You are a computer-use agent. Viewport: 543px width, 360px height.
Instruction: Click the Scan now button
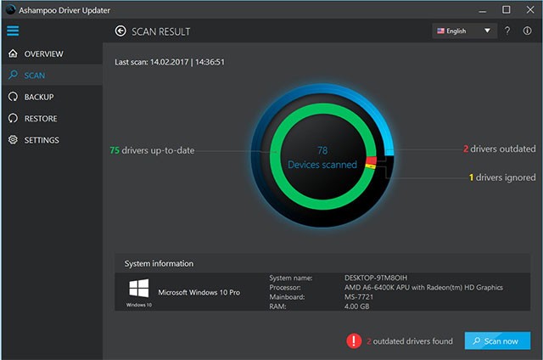point(497,340)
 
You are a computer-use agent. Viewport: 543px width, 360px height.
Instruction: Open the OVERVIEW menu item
point(42,53)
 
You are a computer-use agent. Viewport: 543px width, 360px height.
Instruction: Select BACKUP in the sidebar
point(38,97)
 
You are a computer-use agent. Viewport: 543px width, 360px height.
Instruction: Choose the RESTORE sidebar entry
point(40,118)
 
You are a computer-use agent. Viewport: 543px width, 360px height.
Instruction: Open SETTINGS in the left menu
point(41,139)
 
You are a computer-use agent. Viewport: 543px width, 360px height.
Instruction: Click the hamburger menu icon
point(12,31)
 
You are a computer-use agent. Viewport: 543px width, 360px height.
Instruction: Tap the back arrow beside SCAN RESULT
point(120,31)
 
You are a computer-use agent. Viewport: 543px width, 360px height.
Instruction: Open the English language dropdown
point(463,31)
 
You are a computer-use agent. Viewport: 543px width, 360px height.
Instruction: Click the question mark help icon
point(507,31)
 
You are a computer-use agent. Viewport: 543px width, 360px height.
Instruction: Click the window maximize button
point(507,9)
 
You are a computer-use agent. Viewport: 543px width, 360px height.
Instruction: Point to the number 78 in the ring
point(322,149)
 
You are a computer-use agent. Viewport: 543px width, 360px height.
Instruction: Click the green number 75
point(115,150)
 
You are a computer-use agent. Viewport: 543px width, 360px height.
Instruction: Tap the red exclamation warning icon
point(354,340)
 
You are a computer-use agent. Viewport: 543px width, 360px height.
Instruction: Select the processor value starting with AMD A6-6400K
point(423,288)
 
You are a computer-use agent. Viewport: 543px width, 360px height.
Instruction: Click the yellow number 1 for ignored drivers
point(471,177)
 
